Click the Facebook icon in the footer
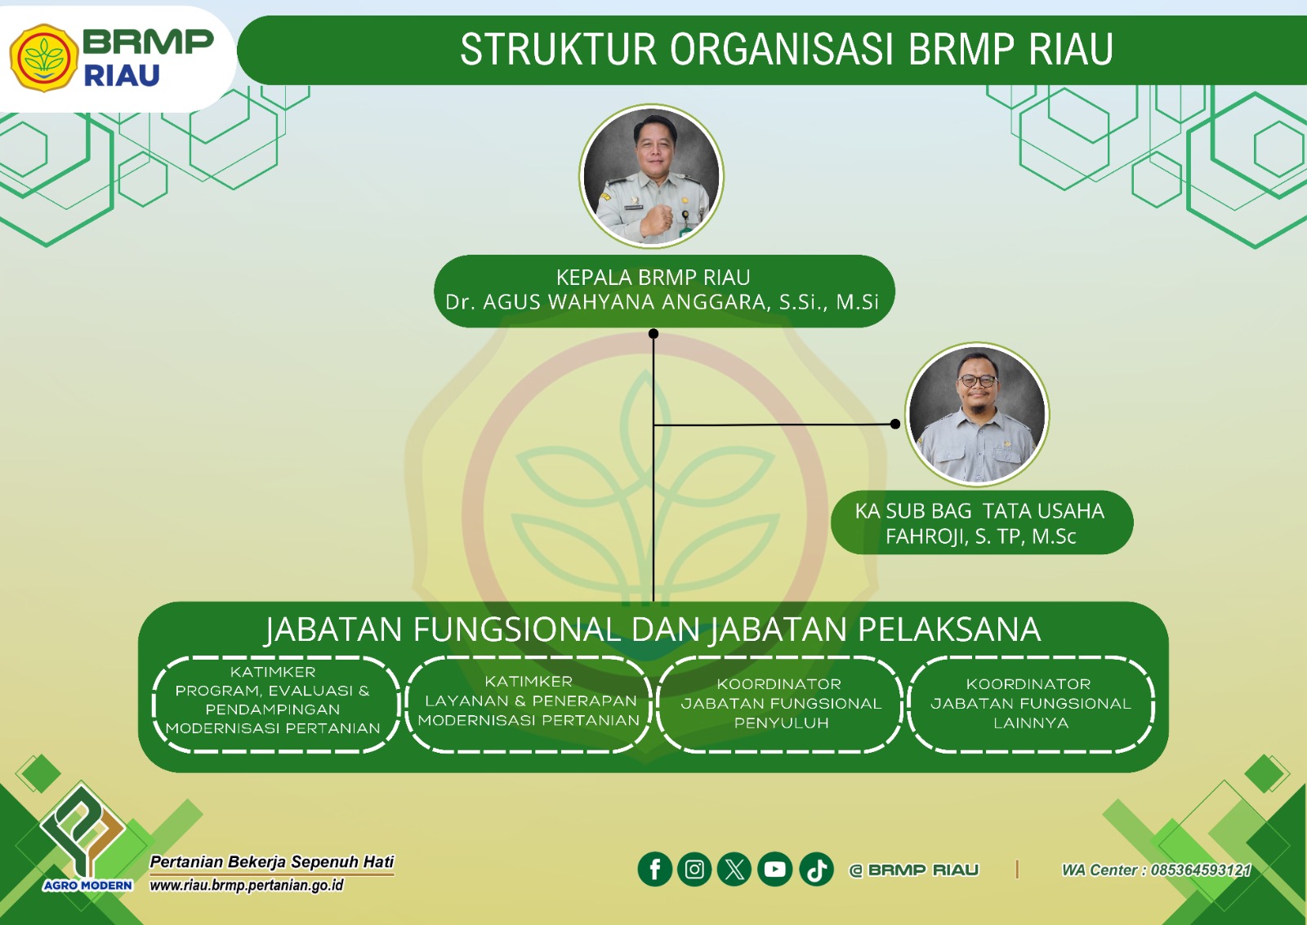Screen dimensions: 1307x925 [654, 869]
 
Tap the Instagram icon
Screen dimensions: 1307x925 [694, 869]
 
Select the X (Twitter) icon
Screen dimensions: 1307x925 [734, 869]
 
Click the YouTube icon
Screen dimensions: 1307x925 [775, 869]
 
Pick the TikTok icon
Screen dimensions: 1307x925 [816, 869]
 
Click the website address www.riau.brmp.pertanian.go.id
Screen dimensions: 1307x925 [247, 885]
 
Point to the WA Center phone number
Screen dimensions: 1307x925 [1201, 869]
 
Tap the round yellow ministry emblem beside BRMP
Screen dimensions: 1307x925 [44, 58]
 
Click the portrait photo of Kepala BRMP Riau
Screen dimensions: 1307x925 [652, 176]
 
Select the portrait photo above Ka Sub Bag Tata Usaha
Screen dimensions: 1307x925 [977, 414]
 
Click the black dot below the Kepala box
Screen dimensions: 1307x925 [653, 334]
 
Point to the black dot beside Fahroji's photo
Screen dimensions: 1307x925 [895, 424]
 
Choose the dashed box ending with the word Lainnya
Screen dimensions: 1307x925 [1031, 704]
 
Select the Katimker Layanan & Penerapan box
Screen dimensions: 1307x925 [529, 704]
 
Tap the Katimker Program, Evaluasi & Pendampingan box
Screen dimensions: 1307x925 [275, 704]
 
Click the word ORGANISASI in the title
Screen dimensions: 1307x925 [781, 49]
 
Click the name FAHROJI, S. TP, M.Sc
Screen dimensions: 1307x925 [981, 536]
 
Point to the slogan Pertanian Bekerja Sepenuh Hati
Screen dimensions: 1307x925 [272, 862]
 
